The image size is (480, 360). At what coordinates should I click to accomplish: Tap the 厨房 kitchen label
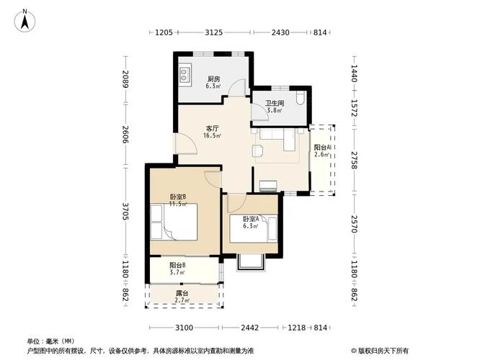[213, 79]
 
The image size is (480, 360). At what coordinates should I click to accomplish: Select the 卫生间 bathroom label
[275, 103]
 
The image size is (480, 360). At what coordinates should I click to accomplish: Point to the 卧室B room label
[178, 197]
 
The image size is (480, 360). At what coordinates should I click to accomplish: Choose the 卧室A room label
[250, 218]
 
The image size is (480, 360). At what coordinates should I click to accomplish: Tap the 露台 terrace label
[182, 293]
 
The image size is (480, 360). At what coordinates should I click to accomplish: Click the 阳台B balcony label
[178, 265]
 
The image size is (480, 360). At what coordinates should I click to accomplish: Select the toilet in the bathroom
[300, 98]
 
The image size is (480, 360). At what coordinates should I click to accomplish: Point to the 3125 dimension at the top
[213, 32]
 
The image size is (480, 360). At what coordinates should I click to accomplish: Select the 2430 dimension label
[280, 32]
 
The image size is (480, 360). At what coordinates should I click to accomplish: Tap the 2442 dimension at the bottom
[249, 328]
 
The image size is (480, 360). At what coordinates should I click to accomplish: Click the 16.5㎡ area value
[213, 135]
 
